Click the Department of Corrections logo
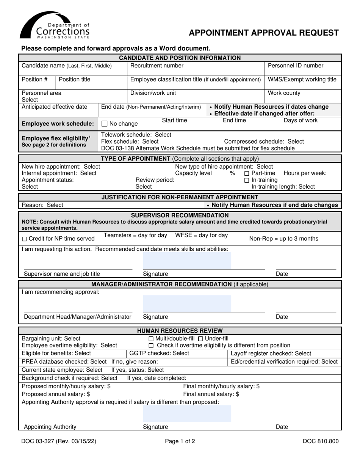point(55,25)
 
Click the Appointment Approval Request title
point(264,33)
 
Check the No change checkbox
point(105,124)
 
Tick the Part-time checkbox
point(247,173)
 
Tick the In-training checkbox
point(247,180)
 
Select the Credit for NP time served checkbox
point(24,239)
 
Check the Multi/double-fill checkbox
point(151,338)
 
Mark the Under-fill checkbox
point(201,338)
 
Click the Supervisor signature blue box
point(187,260)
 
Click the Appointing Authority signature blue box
point(187,414)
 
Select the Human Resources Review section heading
point(180,331)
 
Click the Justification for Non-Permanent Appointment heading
point(180,197)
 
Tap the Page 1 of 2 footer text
point(180,441)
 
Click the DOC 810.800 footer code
point(321,441)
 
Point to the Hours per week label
point(305,173)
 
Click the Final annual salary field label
point(211,394)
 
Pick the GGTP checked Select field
point(159,353)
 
